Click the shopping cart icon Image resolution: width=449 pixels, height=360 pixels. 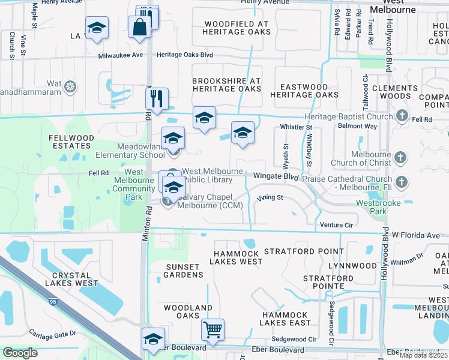(x=212, y=329)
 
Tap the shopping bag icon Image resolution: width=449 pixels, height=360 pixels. (x=139, y=27)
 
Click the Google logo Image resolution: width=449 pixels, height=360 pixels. (x=20, y=353)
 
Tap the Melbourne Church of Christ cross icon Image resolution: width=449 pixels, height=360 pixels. (x=400, y=158)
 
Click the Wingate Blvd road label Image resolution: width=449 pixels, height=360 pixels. (x=276, y=176)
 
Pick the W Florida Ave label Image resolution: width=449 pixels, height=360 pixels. (x=416, y=235)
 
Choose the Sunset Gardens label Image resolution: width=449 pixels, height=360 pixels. (x=184, y=271)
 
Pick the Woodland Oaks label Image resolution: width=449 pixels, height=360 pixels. (x=188, y=311)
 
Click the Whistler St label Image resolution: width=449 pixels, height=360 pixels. (x=297, y=127)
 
